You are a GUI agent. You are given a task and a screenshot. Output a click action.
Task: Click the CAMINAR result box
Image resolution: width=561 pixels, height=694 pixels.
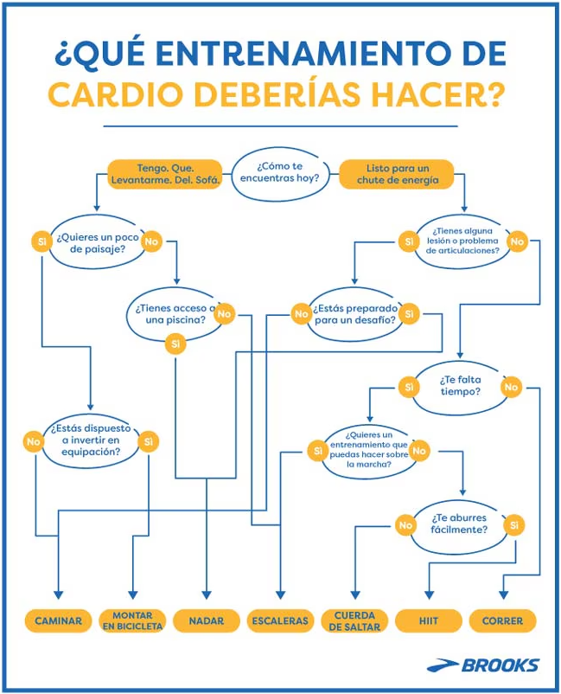(x=59, y=620)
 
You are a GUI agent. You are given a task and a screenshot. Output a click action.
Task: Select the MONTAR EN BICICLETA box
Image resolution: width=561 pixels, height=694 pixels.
(x=132, y=620)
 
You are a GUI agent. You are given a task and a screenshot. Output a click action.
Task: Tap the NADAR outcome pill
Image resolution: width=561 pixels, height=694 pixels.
(x=207, y=620)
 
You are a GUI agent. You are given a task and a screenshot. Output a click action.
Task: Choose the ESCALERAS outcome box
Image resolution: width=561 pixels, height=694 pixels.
(x=280, y=620)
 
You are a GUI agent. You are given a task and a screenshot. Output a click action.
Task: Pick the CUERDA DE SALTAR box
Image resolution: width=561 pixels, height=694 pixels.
(x=354, y=620)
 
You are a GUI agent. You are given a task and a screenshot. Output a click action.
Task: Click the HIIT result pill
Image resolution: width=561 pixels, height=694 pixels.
(x=429, y=620)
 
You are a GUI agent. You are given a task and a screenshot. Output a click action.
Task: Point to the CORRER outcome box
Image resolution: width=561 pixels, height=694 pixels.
(x=502, y=620)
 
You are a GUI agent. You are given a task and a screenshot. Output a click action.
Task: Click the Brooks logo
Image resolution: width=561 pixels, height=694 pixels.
(x=483, y=665)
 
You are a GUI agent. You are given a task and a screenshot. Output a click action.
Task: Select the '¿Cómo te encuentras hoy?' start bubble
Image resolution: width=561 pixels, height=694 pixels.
(x=280, y=172)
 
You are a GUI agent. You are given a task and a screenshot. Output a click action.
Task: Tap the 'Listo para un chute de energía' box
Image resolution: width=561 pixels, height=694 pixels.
(x=397, y=174)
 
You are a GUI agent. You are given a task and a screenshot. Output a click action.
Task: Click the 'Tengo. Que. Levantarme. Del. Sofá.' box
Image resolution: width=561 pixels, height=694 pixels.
(x=165, y=174)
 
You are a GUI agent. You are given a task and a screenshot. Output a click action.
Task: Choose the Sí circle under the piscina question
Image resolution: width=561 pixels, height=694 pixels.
(x=175, y=344)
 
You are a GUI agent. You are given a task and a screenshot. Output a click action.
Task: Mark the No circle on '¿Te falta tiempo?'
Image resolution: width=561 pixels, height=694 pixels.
(x=511, y=387)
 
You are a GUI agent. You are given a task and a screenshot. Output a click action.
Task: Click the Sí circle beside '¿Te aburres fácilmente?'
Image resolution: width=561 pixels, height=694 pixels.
(x=514, y=525)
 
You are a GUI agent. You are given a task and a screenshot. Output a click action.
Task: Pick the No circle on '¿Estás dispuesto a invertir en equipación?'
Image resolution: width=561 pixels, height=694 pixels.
(x=34, y=441)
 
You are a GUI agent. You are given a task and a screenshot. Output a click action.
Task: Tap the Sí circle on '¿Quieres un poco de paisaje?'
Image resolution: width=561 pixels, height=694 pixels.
(x=42, y=241)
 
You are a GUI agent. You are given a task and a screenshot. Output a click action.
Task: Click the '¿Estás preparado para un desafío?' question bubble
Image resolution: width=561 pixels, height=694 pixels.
(x=355, y=314)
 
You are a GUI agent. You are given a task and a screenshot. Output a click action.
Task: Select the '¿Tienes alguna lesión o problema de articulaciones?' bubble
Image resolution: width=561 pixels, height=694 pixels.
(x=462, y=241)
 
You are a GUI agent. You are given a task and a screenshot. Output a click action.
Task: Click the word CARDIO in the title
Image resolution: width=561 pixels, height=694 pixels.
(x=115, y=93)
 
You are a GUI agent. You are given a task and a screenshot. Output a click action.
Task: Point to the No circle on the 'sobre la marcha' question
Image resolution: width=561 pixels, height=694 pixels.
(x=419, y=451)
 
